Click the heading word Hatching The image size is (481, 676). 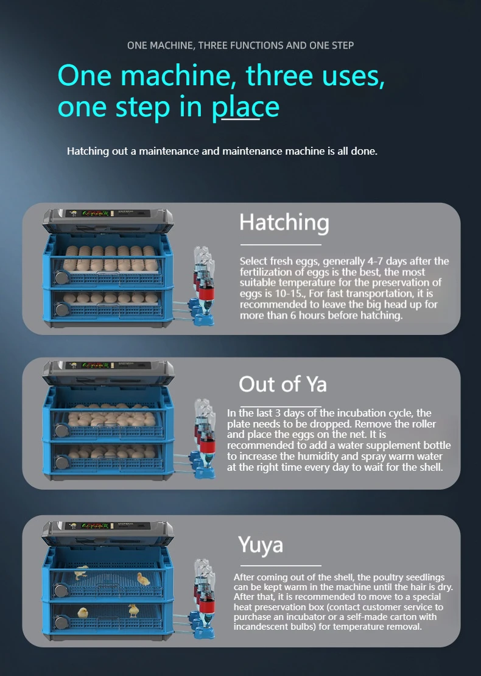284,223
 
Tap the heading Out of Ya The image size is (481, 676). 283,384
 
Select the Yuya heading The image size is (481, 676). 261,545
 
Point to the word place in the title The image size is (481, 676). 245,107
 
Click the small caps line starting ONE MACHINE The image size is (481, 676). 240,45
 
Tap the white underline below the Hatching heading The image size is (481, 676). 281,244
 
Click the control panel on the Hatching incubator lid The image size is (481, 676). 108,214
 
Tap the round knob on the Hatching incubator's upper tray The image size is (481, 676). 61,277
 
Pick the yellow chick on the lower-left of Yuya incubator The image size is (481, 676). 82,613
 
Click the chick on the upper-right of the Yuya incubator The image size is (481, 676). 143,579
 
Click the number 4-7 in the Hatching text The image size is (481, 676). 375,261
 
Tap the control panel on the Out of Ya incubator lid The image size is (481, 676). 108,365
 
